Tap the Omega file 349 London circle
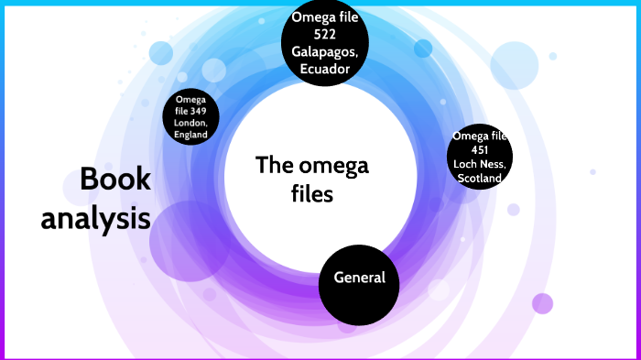click(x=192, y=117)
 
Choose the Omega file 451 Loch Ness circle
click(x=478, y=158)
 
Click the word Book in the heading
click(x=115, y=180)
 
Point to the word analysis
click(x=95, y=220)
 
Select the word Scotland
click(x=479, y=179)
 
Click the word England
click(x=192, y=135)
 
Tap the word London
click(x=192, y=123)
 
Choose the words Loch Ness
click(x=479, y=165)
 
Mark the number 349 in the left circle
click(x=200, y=111)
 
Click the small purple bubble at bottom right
click(x=543, y=303)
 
